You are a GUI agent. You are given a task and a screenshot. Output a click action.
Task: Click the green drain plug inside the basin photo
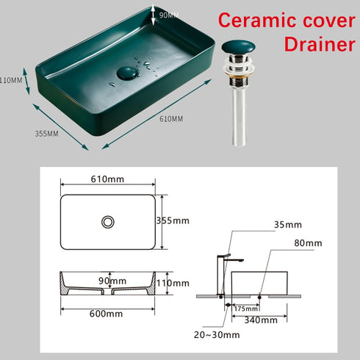[x=129, y=73]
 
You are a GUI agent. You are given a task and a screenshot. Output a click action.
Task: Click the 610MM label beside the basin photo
[x=171, y=118]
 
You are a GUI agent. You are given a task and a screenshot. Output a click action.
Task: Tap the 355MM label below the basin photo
[x=47, y=134]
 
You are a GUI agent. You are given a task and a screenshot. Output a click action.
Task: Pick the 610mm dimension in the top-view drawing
[x=107, y=179]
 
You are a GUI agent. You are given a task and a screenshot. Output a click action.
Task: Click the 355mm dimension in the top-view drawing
[x=174, y=220]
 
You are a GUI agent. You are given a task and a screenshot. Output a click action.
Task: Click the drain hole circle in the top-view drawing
[x=108, y=220]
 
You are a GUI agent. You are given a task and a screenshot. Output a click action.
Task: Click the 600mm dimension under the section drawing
[x=107, y=314]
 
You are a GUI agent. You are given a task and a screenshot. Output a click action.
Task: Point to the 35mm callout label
[x=287, y=225]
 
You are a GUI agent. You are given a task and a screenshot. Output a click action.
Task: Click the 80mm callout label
[x=308, y=243]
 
